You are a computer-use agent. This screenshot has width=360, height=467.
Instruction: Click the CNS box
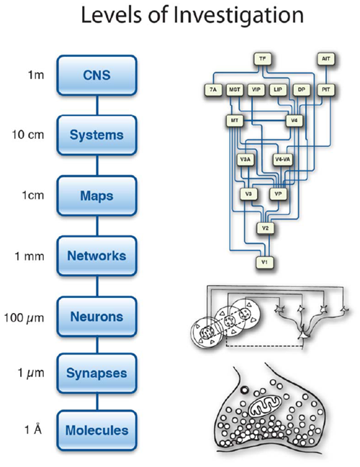(97, 76)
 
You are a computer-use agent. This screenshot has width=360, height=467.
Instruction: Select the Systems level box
(97, 135)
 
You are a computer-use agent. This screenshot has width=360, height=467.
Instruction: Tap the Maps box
(97, 196)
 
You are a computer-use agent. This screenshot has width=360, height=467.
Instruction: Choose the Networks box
(97, 256)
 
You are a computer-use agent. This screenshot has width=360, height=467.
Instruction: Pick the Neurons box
(97, 317)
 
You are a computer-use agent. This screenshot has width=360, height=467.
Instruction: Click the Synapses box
(97, 373)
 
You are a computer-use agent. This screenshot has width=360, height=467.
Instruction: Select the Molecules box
(97, 430)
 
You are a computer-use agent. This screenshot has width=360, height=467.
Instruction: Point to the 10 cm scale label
(27, 135)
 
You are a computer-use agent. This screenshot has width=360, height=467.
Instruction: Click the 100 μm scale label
(24, 317)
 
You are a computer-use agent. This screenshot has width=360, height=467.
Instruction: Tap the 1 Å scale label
(33, 429)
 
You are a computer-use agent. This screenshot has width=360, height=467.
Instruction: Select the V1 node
(265, 263)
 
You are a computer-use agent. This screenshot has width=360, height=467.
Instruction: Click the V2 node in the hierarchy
(265, 228)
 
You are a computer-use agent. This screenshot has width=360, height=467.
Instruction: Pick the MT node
(235, 121)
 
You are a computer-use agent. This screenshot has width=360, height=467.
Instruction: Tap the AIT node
(325, 59)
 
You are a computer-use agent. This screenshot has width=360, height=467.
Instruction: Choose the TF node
(262, 59)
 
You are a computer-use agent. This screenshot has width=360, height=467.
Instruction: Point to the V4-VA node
(282, 159)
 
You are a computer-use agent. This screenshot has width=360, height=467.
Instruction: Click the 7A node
(213, 89)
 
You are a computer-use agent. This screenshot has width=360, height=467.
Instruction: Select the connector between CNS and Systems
(97, 106)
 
